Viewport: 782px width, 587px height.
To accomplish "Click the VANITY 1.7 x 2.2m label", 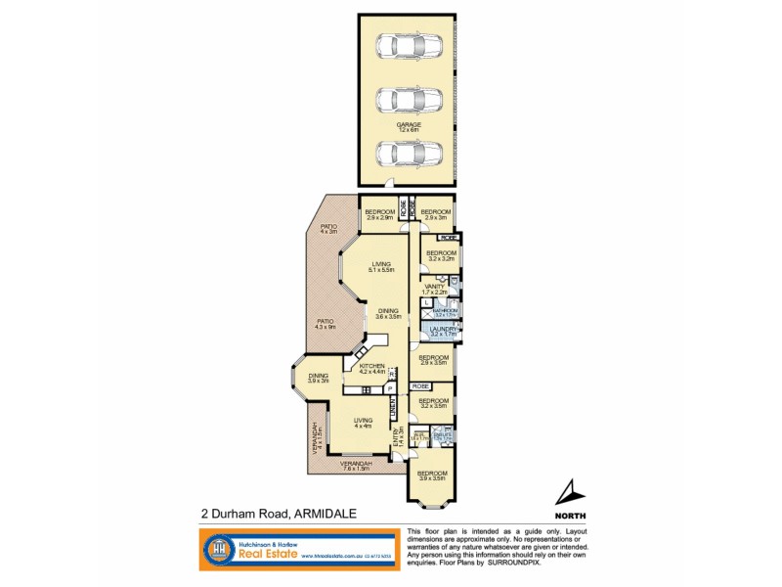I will click(x=434, y=289).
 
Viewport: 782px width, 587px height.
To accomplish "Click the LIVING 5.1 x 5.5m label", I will click(x=381, y=266).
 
